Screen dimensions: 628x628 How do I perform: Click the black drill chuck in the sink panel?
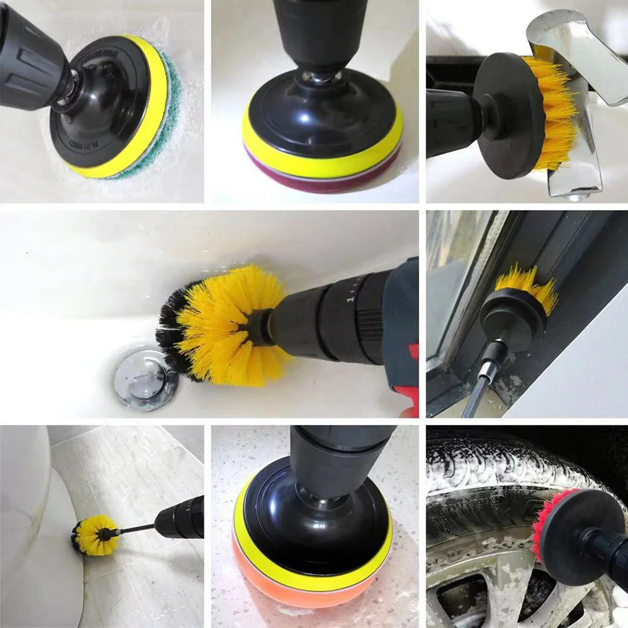[340, 317]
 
